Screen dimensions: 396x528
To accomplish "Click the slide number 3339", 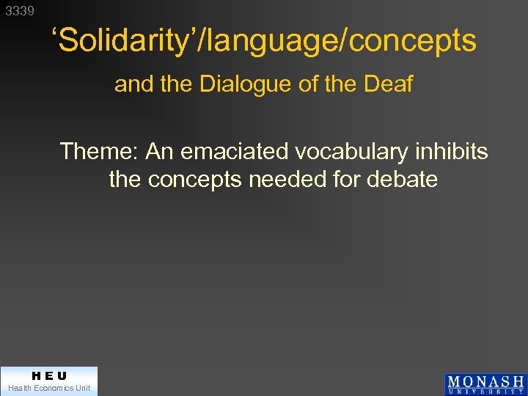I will (20, 12).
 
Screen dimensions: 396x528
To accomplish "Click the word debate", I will (406, 179).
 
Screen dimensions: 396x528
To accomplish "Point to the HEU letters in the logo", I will (48, 376).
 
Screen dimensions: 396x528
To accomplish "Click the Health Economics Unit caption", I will (48, 388).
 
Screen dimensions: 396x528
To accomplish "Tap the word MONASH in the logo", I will (485, 381).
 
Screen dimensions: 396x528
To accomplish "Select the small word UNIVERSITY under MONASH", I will (485, 391).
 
